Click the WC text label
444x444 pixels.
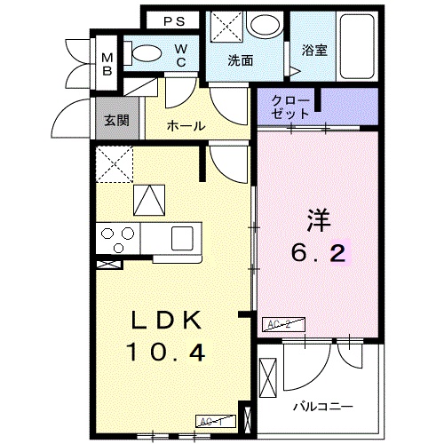(x=180, y=55)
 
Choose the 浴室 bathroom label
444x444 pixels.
(x=314, y=52)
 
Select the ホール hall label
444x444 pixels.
(x=186, y=127)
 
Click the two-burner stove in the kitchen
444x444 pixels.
(x=116, y=237)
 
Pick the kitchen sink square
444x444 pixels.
(x=183, y=237)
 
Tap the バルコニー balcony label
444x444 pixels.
(x=323, y=406)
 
